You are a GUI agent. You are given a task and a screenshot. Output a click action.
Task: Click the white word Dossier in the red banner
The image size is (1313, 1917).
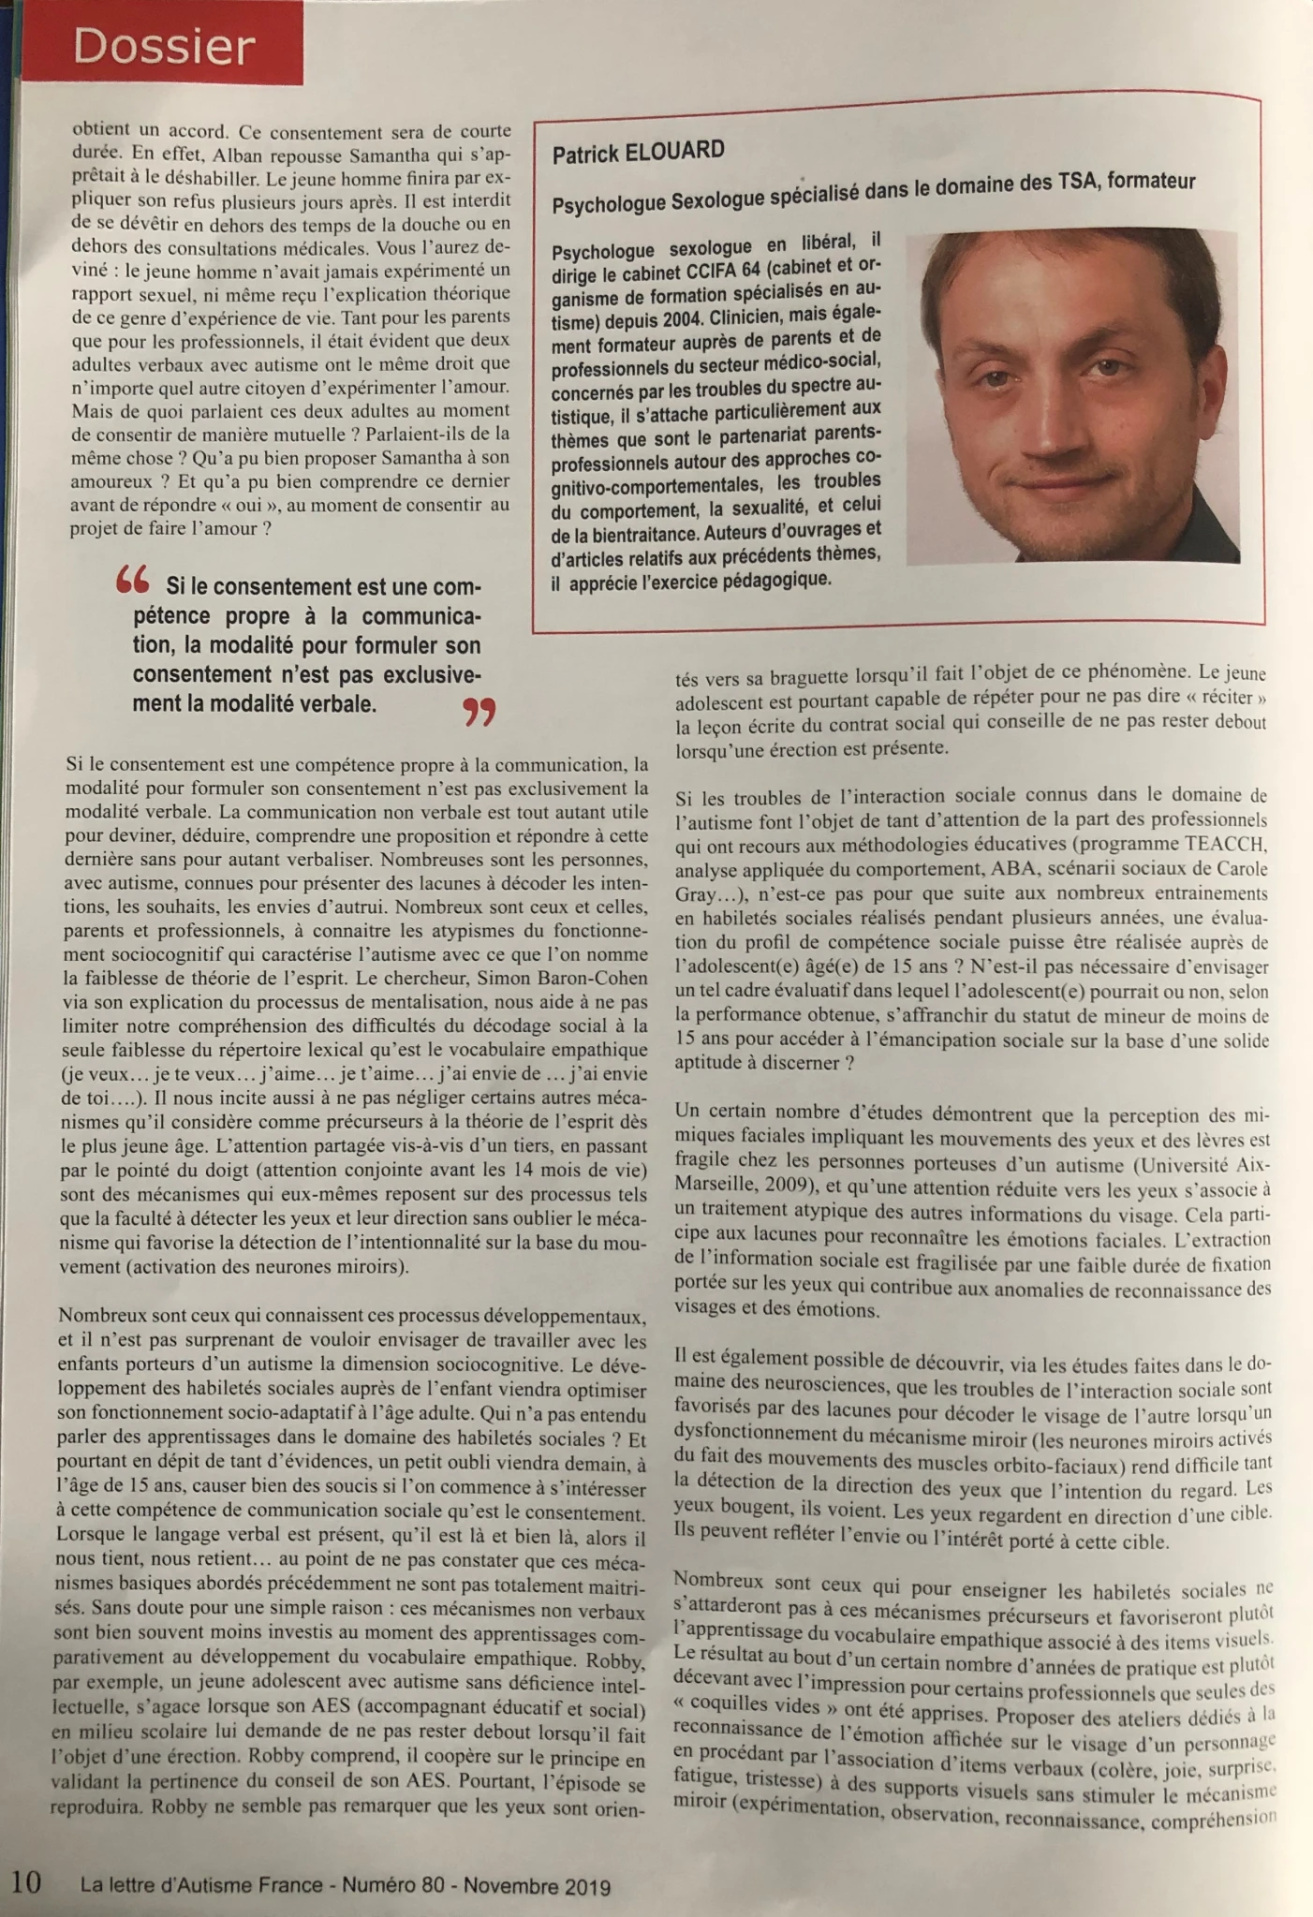(x=164, y=47)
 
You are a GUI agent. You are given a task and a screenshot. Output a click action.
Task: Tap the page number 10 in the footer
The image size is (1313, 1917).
(x=27, y=1880)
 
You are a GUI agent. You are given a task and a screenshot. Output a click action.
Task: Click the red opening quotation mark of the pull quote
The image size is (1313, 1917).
(x=132, y=582)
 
